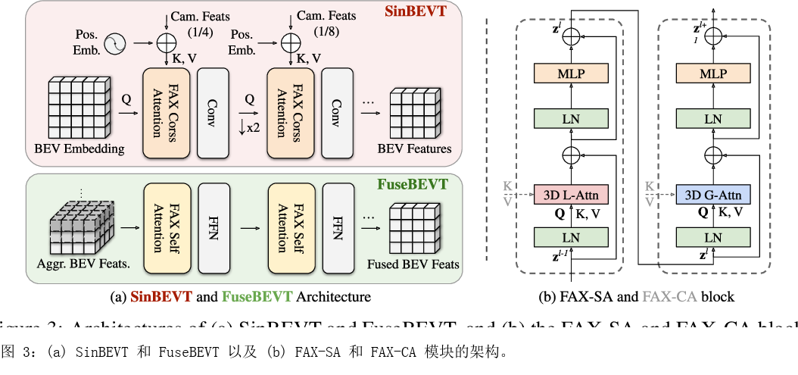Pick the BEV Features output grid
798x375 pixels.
point(415,113)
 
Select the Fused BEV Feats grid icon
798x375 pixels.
point(413,231)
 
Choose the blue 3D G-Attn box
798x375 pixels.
point(712,195)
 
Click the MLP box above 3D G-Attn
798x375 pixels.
point(712,73)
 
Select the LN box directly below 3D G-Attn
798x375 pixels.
point(712,237)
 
